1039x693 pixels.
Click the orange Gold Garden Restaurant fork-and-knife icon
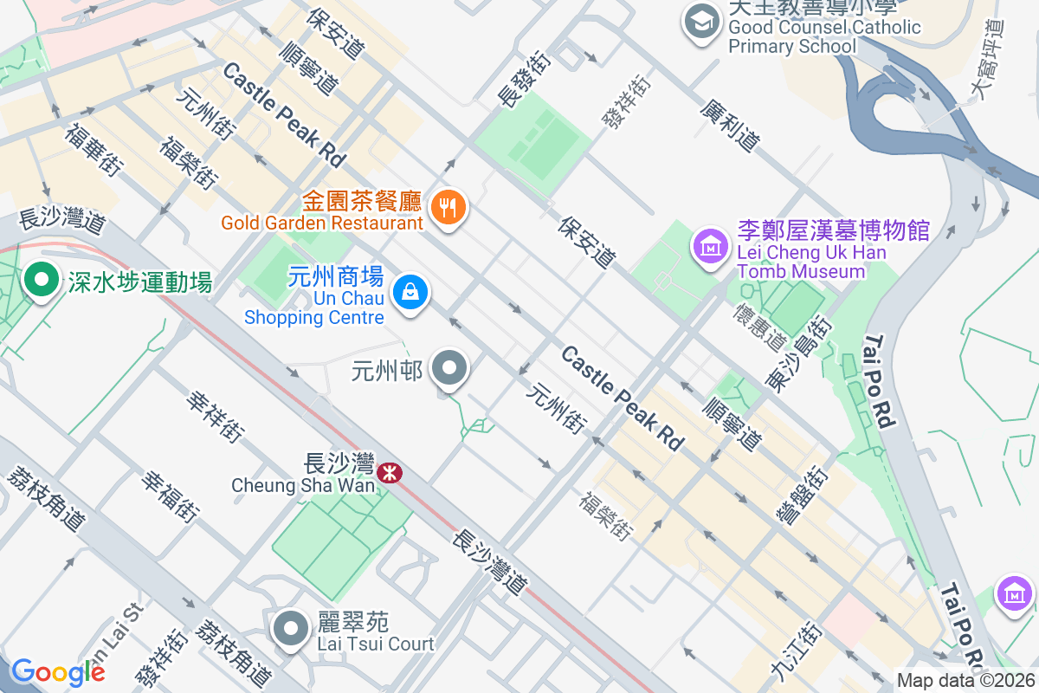click(447, 207)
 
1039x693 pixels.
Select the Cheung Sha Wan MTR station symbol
click(389, 472)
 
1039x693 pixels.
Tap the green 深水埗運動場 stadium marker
click(40, 280)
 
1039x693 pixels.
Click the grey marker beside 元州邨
click(449, 370)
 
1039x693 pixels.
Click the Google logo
click(58, 671)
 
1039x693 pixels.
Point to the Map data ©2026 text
click(965, 680)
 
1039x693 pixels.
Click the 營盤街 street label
click(801, 496)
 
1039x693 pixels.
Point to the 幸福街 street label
click(170, 496)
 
